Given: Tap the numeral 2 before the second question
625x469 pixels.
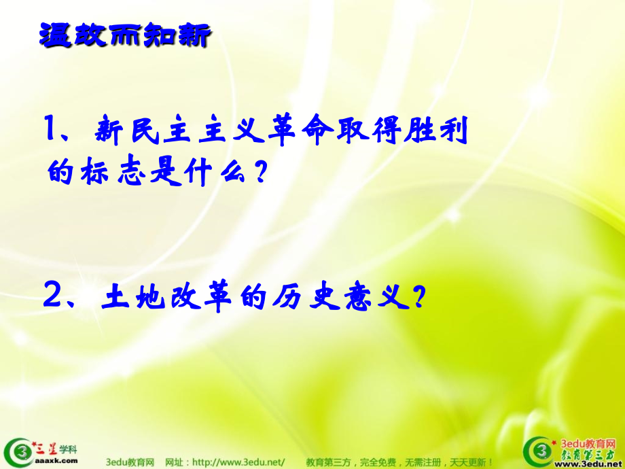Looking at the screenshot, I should pos(52,296).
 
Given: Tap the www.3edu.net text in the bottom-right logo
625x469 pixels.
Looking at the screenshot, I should pos(584,463).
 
